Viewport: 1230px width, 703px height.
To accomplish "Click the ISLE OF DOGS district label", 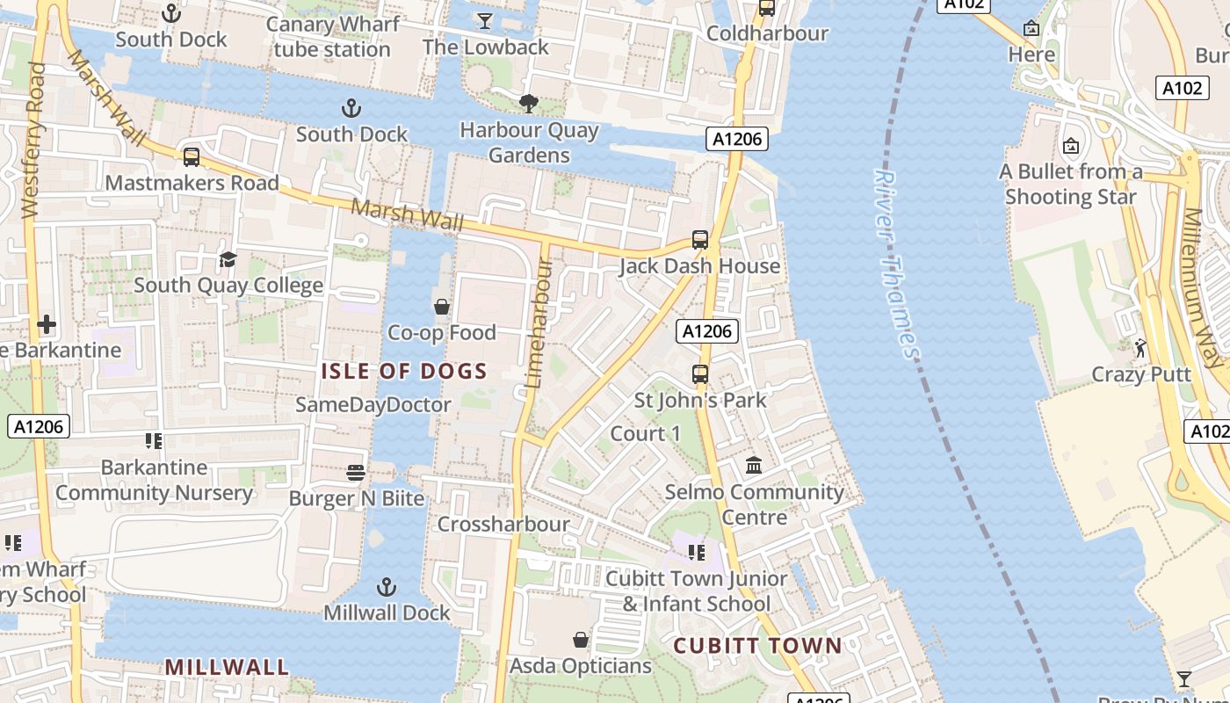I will pos(403,371).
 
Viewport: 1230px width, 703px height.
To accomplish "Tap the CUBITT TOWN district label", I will pos(757,646).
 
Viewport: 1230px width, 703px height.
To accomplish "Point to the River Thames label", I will pos(896,264).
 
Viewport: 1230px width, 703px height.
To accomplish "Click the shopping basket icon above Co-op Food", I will pos(442,307).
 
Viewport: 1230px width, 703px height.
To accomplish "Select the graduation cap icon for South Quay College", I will pos(228,259).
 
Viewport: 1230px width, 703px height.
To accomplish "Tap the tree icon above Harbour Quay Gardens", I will pos(528,105).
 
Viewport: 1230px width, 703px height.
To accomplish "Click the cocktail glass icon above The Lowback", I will pos(484,20).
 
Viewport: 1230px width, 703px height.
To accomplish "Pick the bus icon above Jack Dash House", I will pos(700,240).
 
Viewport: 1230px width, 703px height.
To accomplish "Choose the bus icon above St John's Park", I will pos(700,374).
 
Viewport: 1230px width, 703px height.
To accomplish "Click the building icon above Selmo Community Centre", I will pos(754,465).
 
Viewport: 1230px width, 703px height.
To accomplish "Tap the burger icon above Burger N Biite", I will pos(356,473).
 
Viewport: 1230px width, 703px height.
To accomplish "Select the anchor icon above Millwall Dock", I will pos(386,586).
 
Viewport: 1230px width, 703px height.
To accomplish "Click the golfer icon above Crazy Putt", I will pos(1140,348).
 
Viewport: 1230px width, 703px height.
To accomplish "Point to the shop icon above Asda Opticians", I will pos(581,639).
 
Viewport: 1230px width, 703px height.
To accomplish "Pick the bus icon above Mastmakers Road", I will pos(191,157).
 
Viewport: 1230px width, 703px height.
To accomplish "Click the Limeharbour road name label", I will pos(539,323).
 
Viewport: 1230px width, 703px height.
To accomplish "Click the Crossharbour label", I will pos(503,525).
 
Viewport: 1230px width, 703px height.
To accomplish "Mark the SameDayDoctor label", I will pos(373,405).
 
